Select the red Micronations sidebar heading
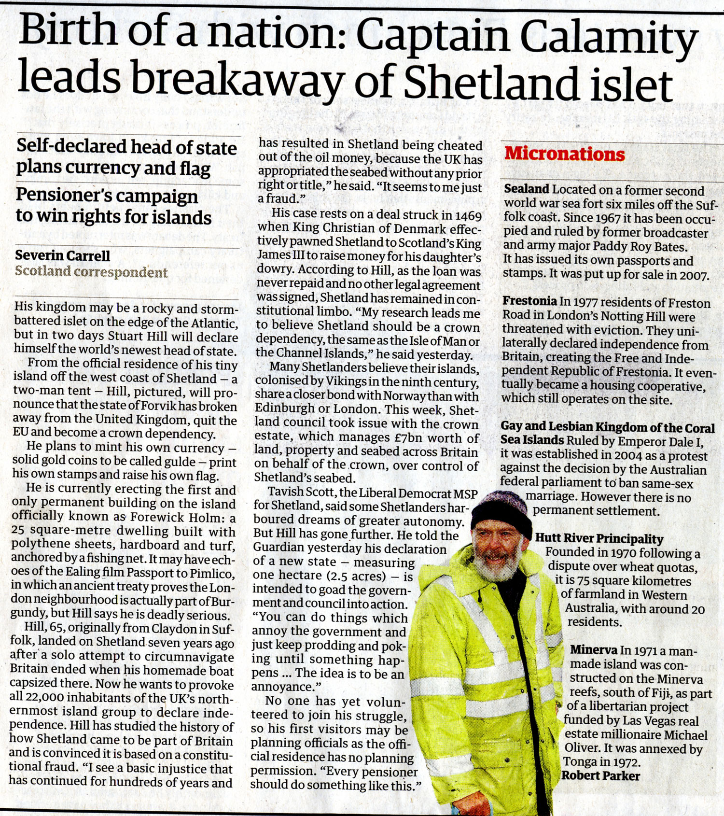click(564, 154)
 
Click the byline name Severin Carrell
click(63, 255)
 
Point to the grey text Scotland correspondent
click(91, 272)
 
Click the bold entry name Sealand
click(527, 189)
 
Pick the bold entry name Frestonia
click(529, 301)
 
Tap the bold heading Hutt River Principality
click(599, 539)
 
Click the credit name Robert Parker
click(601, 776)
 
